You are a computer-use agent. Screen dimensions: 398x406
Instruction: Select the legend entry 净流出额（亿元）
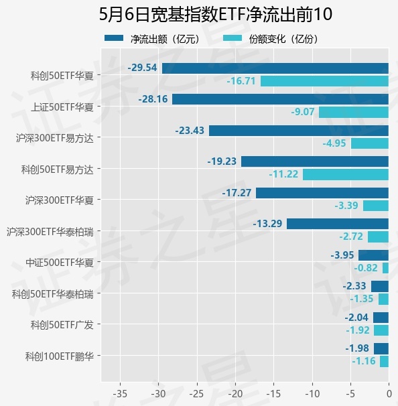coord(153,39)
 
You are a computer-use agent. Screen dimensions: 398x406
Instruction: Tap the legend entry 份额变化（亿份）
coord(271,39)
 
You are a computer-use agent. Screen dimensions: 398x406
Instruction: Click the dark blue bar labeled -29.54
coord(275,68)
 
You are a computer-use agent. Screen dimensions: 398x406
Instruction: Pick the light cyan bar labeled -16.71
coord(324,81)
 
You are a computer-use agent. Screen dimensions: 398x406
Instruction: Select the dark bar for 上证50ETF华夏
coord(281,99)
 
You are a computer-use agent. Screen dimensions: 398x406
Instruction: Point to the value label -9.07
coord(303,112)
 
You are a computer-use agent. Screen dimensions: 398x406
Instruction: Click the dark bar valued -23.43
coord(299,131)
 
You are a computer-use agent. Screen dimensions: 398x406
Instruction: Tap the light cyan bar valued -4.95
coord(370,143)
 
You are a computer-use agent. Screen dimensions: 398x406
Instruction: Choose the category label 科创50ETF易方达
coord(57,170)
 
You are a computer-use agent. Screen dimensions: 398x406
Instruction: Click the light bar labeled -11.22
coord(346,174)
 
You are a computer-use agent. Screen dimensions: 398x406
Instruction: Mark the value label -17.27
coord(237,193)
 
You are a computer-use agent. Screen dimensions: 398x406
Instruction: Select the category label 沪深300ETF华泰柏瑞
coord(50,232)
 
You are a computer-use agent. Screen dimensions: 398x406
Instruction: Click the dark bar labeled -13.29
coord(338,224)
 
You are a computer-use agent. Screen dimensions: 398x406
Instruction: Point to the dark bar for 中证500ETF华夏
coord(374,255)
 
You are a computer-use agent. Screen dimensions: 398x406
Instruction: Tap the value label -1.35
coord(362,299)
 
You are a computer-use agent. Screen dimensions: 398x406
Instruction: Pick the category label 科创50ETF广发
coord(62,325)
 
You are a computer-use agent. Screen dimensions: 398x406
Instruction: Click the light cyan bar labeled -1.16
coord(385,362)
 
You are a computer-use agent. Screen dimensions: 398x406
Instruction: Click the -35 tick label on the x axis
coord(120,394)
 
